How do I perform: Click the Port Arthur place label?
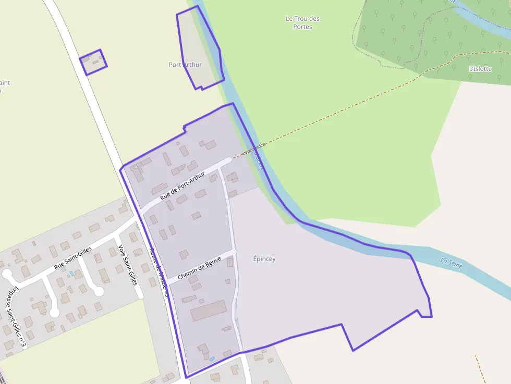point(185,65)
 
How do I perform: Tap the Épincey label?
point(264,259)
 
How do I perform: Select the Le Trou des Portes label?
point(302,22)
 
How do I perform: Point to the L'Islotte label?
point(480,69)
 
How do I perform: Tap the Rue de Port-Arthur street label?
point(182,187)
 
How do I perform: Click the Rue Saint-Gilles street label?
point(73,258)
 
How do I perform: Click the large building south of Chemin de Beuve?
point(208,311)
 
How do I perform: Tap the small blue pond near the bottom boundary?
point(212,358)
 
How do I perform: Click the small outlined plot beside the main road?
point(93,62)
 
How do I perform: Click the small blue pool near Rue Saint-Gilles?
point(71,273)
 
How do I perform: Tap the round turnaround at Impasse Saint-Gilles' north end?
point(7,275)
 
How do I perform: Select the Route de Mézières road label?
point(158,271)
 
